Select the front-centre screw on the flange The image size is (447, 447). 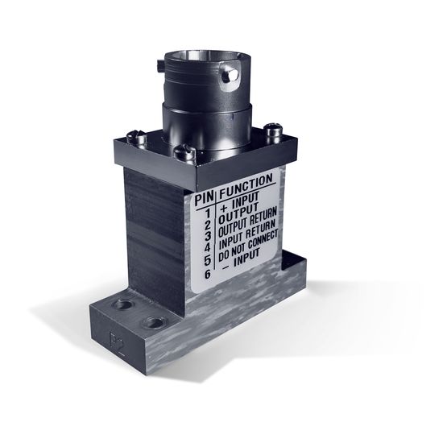pos(188,151)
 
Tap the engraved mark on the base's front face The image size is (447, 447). pos(116,333)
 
